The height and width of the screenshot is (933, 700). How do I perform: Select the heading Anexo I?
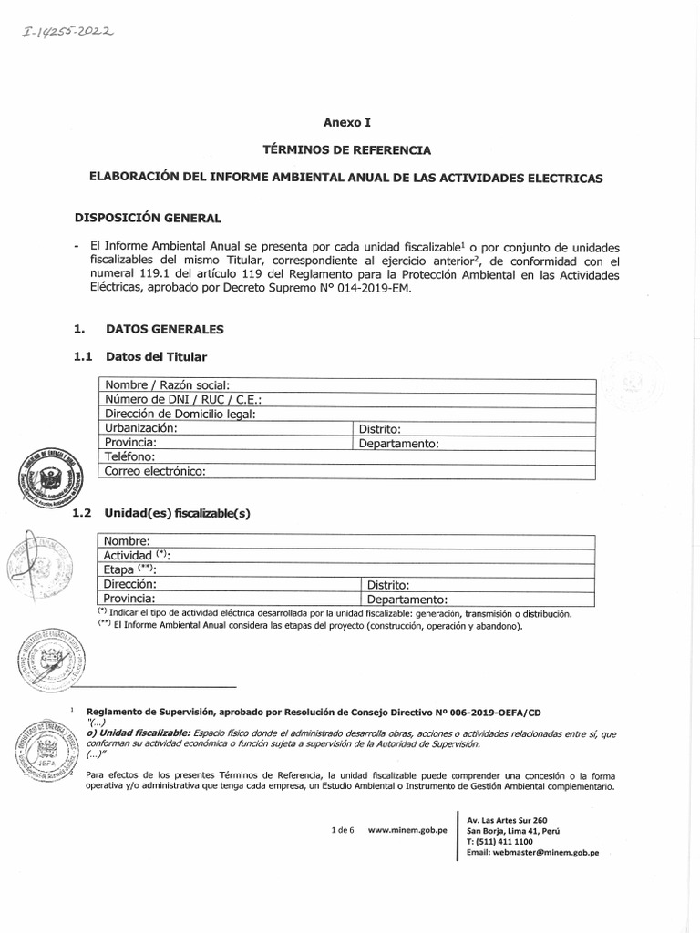[348, 121]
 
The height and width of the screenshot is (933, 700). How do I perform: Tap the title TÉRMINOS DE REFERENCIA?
[347, 149]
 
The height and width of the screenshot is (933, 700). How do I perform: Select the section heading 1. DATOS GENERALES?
[149, 329]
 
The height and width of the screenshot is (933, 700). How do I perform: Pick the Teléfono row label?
[130, 456]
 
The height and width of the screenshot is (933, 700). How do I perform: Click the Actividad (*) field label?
[137, 555]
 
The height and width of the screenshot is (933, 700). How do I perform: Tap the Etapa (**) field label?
[130, 569]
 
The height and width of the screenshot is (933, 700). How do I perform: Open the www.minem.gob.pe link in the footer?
[407, 831]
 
